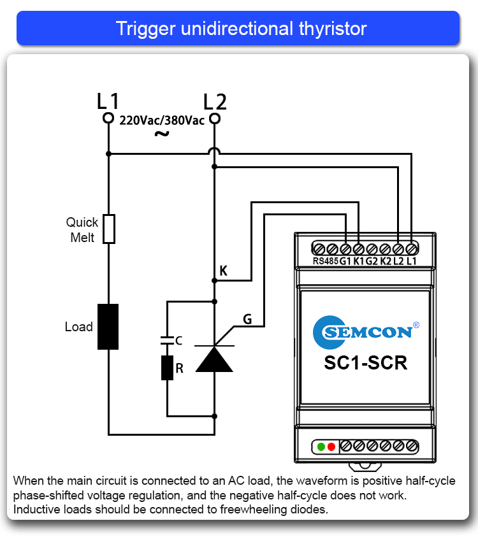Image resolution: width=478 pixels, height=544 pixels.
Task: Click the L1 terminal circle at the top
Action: pos(108,119)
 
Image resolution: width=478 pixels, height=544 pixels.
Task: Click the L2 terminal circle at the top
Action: pos(215,119)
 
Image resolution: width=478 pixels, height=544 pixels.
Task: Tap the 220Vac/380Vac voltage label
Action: pos(162,120)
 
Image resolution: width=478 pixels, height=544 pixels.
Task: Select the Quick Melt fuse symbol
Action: pos(109,229)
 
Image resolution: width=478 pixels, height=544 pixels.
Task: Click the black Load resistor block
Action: pos(108,327)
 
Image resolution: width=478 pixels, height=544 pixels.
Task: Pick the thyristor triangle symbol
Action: pos(214,358)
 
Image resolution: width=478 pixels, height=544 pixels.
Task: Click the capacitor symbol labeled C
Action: pos(167,340)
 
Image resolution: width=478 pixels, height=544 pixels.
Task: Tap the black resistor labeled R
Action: pos(167,368)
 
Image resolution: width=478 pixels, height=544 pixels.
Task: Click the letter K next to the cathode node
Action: pos(223,271)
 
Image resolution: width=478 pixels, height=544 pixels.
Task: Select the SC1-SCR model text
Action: pos(365,362)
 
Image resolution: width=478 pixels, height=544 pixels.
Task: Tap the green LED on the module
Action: pos(322,447)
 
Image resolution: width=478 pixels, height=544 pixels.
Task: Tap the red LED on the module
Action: pos(331,447)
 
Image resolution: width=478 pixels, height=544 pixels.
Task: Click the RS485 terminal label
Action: pos(325,261)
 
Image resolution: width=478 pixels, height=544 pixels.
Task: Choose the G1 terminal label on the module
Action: pos(345,261)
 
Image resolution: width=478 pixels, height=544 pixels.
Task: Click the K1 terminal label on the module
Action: pos(359,261)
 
